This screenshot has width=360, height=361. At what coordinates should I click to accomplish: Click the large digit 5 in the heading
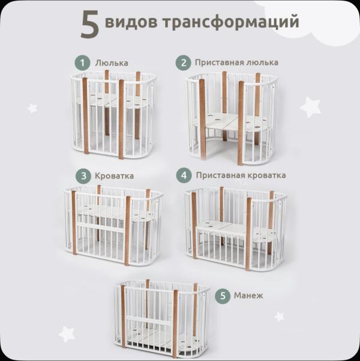(91, 24)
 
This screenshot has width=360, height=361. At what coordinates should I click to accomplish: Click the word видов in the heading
(131, 23)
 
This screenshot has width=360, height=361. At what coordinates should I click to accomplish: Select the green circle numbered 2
(182, 62)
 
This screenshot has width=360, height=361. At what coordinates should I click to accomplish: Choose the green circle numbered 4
(184, 176)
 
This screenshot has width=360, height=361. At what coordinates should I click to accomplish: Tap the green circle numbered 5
(223, 296)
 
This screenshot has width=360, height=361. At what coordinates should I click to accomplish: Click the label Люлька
(111, 63)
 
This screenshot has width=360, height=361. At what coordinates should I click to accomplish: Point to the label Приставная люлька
(236, 62)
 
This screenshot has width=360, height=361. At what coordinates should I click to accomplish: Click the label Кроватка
(114, 176)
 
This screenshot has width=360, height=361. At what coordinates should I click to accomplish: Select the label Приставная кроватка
(240, 176)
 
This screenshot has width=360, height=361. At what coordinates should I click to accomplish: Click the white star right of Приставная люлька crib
(310, 108)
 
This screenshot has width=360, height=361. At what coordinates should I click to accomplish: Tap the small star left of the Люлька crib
(32, 108)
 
